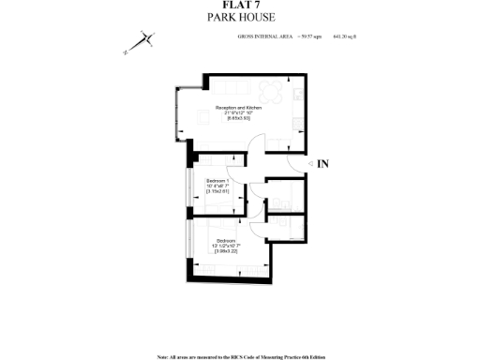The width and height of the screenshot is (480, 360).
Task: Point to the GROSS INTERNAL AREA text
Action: point(266,37)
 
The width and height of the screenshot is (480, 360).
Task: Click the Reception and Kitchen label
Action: point(238,108)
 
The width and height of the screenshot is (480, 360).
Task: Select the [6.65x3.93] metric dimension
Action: point(238,119)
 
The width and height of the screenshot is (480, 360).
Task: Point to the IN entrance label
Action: point(322,164)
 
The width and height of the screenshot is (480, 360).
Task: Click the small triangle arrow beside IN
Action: point(307,164)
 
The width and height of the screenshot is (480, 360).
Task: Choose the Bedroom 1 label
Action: point(217,179)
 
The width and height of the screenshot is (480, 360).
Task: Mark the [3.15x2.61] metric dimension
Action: point(217,190)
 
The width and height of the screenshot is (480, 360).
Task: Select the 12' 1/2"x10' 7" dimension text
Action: point(228,246)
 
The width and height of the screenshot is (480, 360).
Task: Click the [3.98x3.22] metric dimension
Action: point(228,251)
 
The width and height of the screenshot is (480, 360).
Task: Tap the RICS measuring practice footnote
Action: point(240,356)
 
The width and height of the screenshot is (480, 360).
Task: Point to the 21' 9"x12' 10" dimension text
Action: point(238,113)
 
